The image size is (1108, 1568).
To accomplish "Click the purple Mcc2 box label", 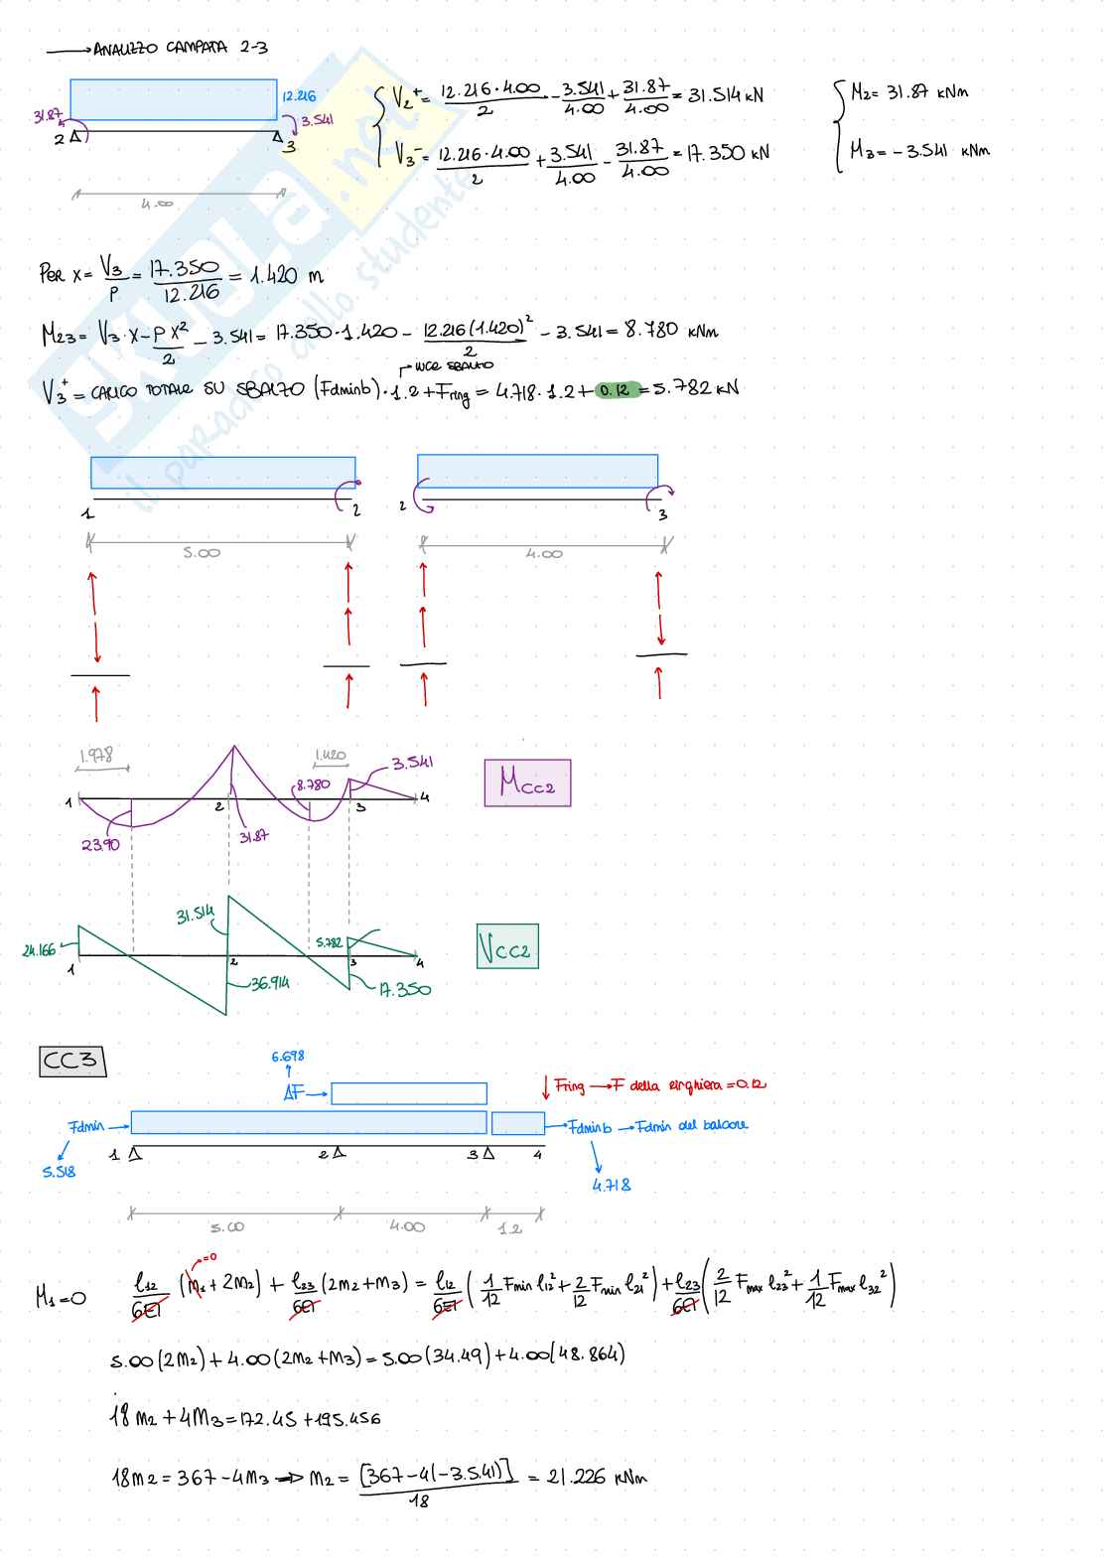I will [527, 783].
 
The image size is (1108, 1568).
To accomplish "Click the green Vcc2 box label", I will [507, 946].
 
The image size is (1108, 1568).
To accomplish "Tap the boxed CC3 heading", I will [71, 1061].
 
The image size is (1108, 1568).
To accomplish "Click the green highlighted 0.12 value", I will [616, 389].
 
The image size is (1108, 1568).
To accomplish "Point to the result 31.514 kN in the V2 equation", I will [726, 95].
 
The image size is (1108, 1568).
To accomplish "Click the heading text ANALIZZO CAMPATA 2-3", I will [180, 48].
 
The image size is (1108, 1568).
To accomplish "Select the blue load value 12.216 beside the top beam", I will [299, 96].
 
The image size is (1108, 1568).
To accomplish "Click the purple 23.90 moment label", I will [100, 845].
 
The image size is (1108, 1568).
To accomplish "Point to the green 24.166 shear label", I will [40, 950].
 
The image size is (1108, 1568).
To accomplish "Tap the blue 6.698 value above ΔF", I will [288, 1057].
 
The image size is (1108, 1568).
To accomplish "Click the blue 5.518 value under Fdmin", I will [59, 1172].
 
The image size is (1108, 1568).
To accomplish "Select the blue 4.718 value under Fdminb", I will [612, 1185].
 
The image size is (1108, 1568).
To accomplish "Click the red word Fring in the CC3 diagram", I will [570, 1085].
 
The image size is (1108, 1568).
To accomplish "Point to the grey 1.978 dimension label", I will [96, 756].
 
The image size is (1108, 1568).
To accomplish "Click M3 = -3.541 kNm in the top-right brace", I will [919, 151].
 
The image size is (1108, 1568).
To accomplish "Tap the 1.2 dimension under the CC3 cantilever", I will [510, 1228].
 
